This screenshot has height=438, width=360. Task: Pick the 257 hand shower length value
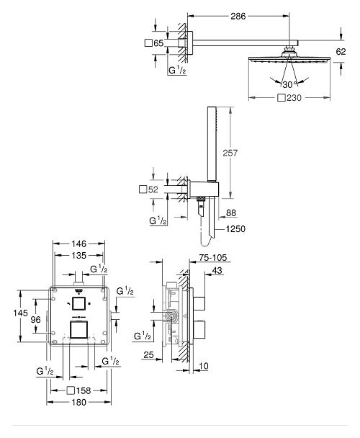243,153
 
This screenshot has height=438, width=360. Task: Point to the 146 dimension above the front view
78,245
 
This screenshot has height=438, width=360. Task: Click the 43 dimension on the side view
217,271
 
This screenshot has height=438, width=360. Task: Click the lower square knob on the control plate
78,332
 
